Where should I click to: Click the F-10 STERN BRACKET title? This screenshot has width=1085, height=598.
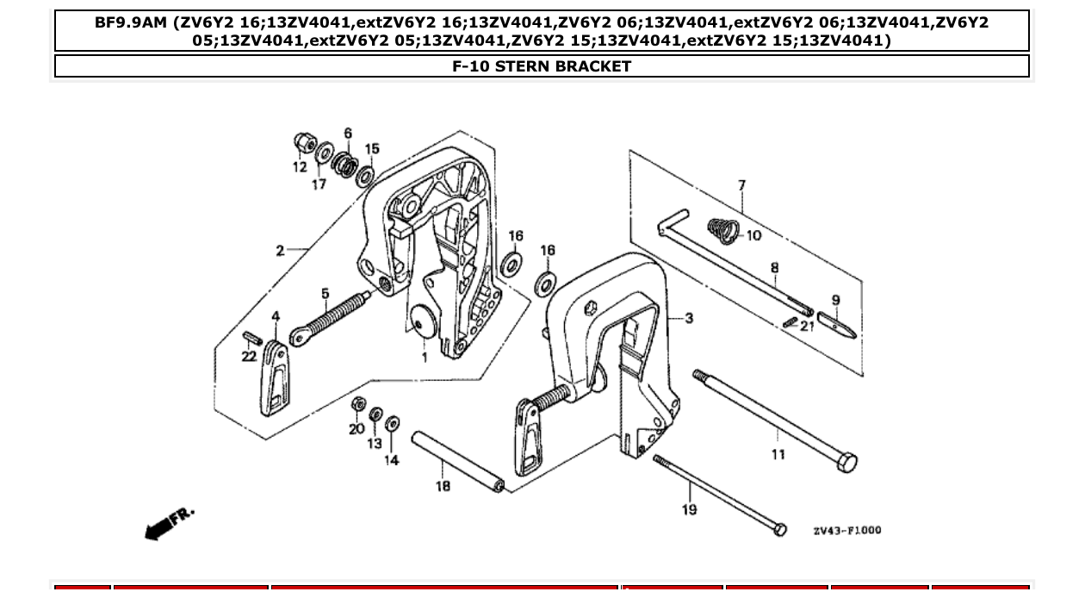542,66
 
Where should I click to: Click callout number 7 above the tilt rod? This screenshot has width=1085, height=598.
741,185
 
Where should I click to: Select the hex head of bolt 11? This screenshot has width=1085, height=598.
847,463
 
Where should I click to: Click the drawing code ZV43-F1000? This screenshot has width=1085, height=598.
846,531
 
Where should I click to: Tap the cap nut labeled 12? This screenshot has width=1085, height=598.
304,143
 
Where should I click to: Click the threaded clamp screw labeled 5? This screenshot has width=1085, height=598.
332,317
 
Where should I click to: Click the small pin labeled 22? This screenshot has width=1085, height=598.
250,336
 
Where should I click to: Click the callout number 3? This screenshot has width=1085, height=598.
689,318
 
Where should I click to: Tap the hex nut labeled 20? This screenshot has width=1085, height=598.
359,404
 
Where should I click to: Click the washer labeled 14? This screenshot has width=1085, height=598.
393,423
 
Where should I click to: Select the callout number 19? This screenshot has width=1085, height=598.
689,510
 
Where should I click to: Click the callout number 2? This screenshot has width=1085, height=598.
280,251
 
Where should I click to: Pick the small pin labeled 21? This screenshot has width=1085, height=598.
791,322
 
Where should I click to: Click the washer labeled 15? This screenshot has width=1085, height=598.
365,177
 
